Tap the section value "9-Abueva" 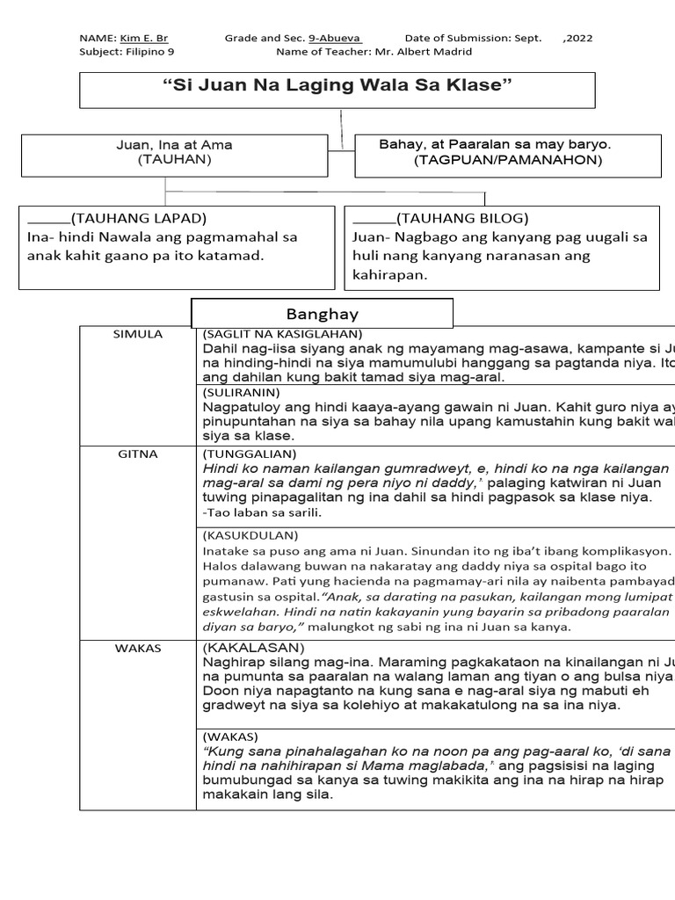coord(335,39)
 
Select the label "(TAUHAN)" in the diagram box coord(174,160)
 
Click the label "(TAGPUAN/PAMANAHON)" coord(508,160)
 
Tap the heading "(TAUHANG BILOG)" coord(462,219)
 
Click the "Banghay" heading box coord(322,314)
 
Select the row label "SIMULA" coord(138,335)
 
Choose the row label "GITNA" coord(138,454)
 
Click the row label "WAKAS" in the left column coord(138,649)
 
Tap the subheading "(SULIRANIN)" coord(242,392)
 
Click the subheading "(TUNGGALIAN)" coord(250,454)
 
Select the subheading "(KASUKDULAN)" coord(250,534)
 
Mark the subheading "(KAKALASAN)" coord(253,648)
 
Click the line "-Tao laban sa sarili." coord(262,512)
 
